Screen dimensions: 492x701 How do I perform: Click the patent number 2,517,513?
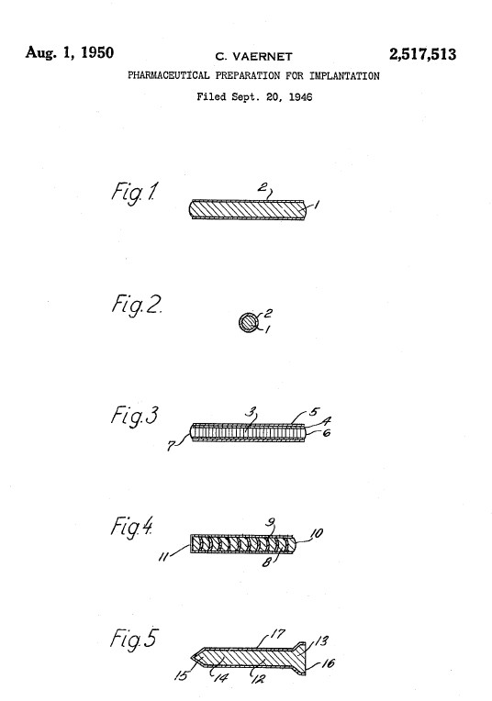point(422,54)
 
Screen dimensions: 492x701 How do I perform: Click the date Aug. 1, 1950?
point(70,52)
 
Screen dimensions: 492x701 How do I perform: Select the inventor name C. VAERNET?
point(253,57)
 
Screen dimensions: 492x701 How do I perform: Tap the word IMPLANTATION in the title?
point(344,75)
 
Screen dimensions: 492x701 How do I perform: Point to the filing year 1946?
point(300,96)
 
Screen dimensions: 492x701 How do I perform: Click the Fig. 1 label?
point(134,193)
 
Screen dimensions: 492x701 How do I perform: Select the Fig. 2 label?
point(136,306)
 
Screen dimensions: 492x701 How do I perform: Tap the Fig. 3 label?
point(134,416)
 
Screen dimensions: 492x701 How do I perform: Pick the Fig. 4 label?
point(131,528)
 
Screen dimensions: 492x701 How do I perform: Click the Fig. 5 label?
point(133,639)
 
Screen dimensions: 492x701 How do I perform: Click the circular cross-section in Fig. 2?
point(249,322)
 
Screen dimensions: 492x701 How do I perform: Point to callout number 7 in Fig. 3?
point(171,446)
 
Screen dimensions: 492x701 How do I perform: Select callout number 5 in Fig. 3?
point(316,412)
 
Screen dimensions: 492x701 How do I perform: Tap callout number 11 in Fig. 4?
point(165,558)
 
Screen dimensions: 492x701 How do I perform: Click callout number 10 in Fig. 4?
point(317,533)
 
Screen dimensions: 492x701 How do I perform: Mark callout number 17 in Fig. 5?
point(278,634)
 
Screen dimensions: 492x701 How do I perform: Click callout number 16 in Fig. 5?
point(329,663)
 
